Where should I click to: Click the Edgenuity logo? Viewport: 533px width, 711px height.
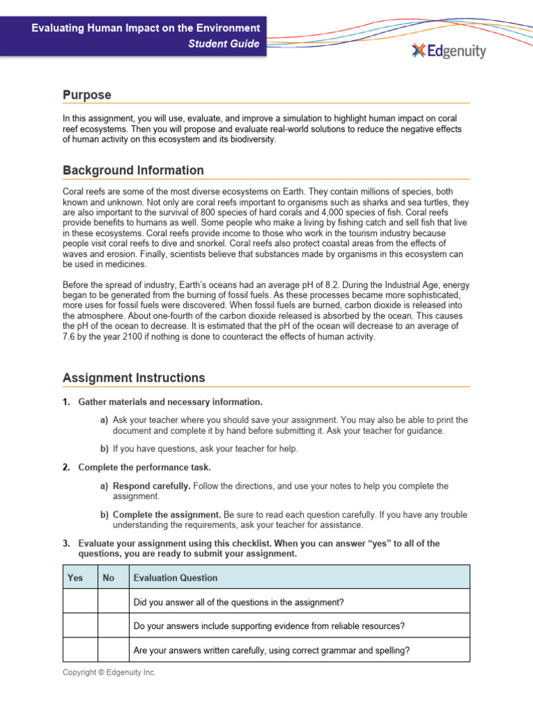pos(448,51)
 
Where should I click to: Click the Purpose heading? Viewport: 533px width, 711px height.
pos(87,94)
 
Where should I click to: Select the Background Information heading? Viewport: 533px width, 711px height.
pos(133,170)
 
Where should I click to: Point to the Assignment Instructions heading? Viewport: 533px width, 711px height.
pos(134,378)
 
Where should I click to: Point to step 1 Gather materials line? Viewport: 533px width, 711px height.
pos(170,402)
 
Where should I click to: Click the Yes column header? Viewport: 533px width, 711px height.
pos(75,578)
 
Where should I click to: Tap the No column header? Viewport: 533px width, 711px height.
pos(109,578)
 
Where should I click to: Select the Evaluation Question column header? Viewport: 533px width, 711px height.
pos(176,578)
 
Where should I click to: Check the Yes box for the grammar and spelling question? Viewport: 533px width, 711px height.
pos(80,651)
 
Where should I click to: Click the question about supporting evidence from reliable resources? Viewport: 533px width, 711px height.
pos(269,626)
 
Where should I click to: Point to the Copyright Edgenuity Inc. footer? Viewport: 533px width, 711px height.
pos(110,673)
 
